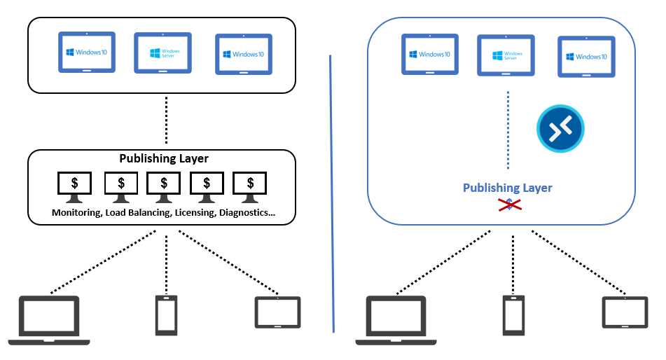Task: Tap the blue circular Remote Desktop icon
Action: tap(560, 128)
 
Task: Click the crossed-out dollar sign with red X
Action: tap(508, 204)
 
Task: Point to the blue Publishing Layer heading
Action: tap(507, 188)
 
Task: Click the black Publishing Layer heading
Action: tap(164, 159)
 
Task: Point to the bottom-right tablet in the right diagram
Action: tap(625, 312)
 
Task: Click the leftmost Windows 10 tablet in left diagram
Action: tap(86, 53)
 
